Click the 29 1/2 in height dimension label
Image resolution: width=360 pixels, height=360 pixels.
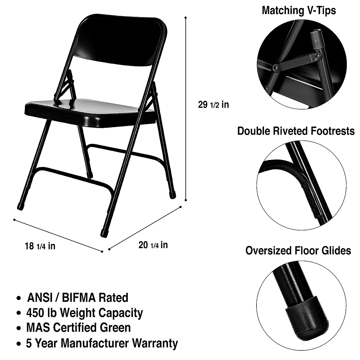(213, 105)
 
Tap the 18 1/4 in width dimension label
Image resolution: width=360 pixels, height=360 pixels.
(40, 246)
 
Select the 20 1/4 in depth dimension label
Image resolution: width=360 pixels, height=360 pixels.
(153, 245)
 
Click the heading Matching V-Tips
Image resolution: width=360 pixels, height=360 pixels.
(299, 10)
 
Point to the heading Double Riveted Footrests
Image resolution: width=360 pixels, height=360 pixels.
(296, 131)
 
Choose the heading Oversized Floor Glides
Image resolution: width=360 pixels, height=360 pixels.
(298, 250)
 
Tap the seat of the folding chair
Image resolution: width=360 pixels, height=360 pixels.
(90, 111)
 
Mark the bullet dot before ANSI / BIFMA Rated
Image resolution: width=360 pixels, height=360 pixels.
(19, 298)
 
